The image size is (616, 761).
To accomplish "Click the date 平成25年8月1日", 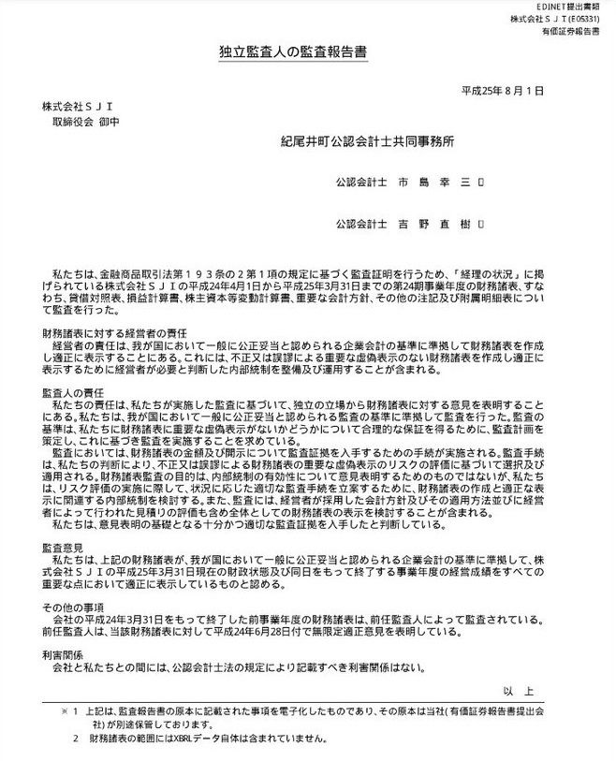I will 503,92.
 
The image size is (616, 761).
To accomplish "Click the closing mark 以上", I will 518,691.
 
